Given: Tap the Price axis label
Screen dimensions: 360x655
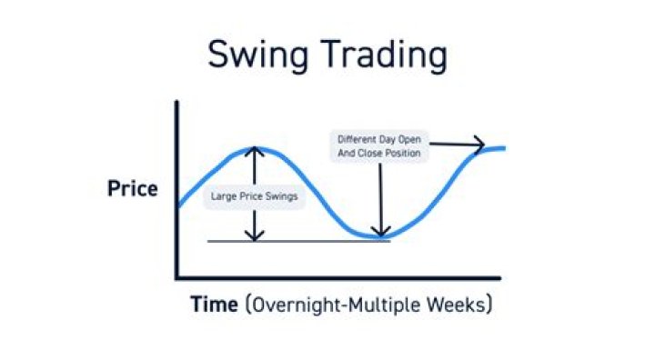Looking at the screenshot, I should [133, 190].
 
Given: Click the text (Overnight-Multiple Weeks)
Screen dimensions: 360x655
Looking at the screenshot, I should [368, 305].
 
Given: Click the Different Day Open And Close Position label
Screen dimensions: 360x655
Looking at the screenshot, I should [379, 147].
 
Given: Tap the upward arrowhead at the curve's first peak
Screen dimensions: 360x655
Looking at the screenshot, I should [255, 153].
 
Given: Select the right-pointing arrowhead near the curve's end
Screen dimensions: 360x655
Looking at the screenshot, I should [479, 143].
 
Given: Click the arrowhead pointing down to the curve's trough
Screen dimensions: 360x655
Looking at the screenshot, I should [381, 231].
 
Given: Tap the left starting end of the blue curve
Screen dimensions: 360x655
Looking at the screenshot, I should [180, 205].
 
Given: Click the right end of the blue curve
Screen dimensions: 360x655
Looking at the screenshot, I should [503, 148].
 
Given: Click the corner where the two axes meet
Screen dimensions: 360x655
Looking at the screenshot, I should [177, 276].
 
